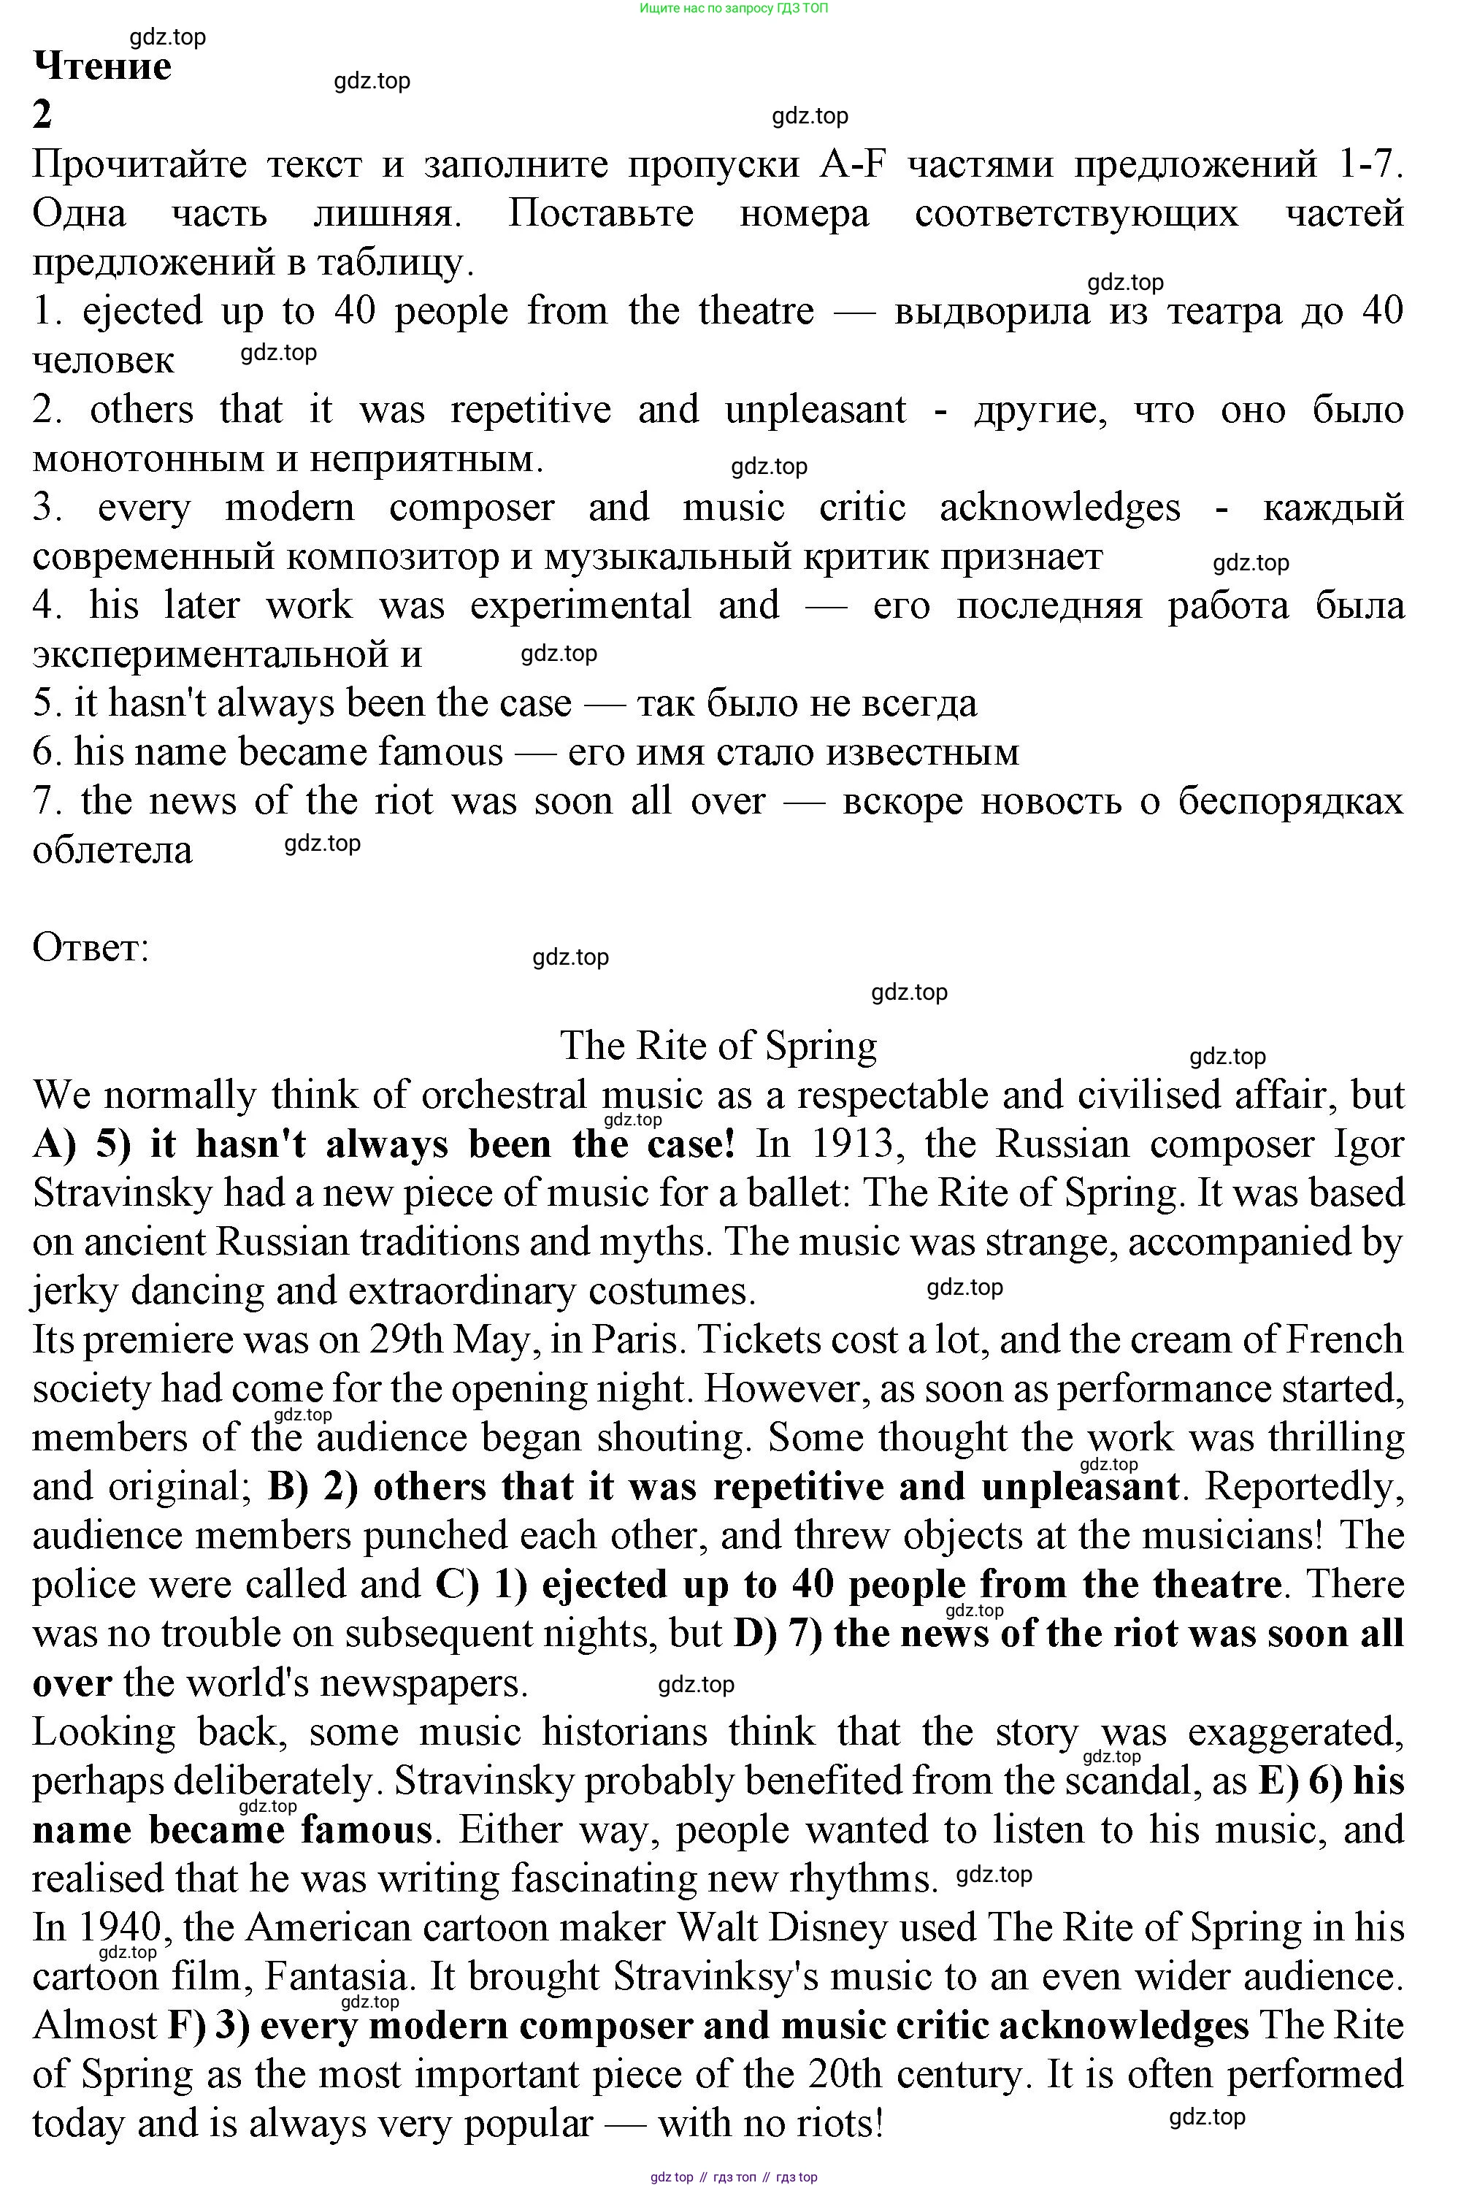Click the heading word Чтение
pyautogui.click(x=102, y=66)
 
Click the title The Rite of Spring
pyautogui.click(x=718, y=1046)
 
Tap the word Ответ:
pyautogui.click(x=91, y=947)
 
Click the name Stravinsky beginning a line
pyautogui.click(x=122, y=1193)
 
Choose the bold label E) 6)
pyautogui.click(x=1300, y=1780)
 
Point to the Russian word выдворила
pyautogui.click(x=992, y=311)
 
